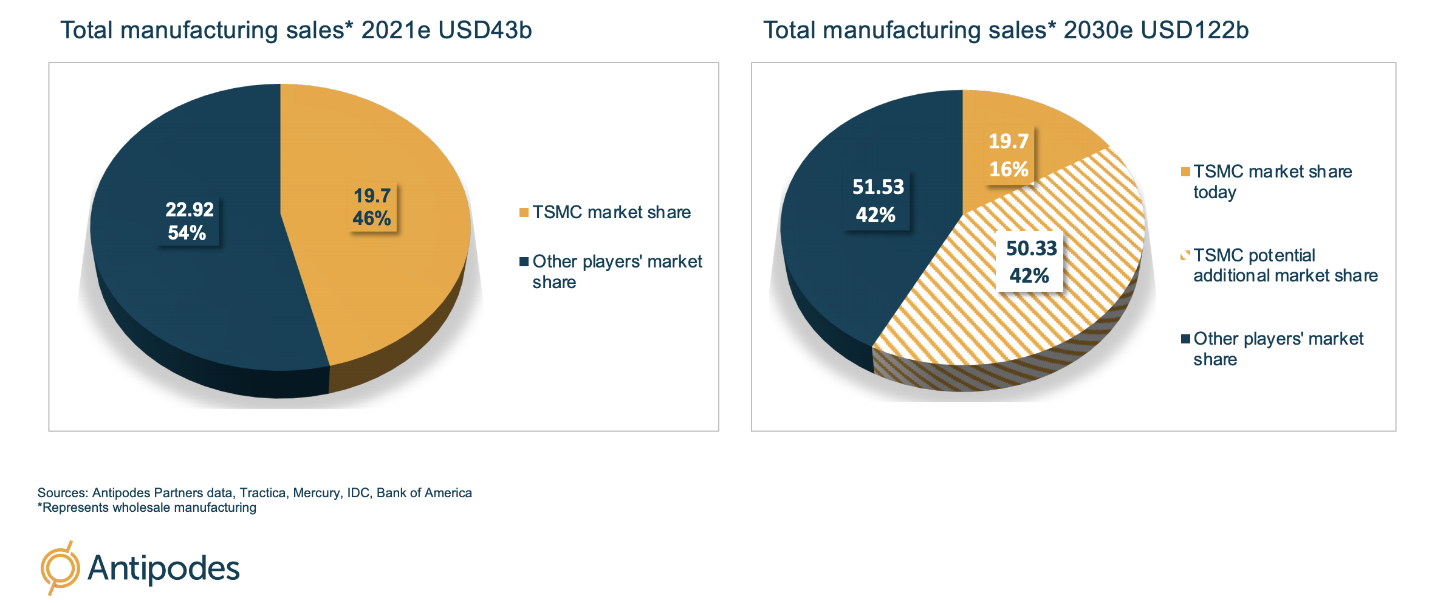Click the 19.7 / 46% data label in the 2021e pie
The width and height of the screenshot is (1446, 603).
(x=372, y=207)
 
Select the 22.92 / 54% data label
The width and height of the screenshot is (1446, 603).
(x=189, y=221)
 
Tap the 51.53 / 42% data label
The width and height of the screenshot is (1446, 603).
(x=877, y=201)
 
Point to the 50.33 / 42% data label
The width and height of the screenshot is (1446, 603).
(x=1030, y=261)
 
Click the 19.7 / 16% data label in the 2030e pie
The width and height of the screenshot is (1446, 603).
(x=1009, y=155)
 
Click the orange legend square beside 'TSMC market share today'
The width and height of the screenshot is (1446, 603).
(x=1185, y=172)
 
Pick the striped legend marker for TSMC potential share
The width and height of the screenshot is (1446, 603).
(x=1185, y=255)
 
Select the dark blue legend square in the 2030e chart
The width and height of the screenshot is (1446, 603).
(x=1185, y=339)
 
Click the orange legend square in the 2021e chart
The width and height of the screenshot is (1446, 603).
(x=524, y=212)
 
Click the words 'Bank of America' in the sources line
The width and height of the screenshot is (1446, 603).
(x=424, y=493)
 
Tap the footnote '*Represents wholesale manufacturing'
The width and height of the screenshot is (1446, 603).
(x=147, y=508)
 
